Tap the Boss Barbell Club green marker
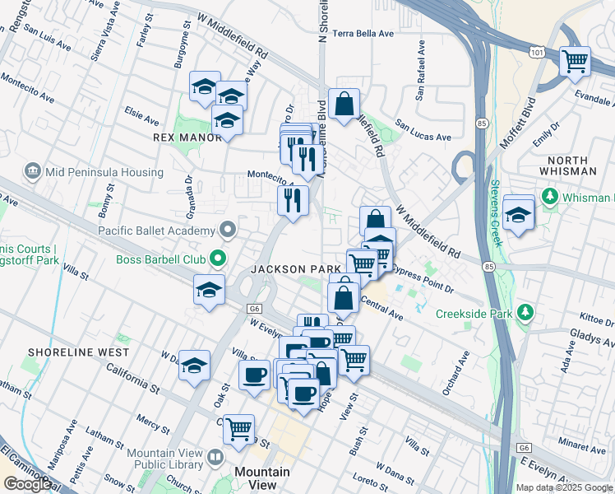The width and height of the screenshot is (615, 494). [218, 259]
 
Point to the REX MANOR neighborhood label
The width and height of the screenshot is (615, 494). [188, 137]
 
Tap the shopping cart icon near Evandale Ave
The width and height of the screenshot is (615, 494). [575, 61]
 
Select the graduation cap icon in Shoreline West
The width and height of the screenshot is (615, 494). [194, 366]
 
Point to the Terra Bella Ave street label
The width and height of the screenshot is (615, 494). [366, 35]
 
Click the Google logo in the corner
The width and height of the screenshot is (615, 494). [26, 484]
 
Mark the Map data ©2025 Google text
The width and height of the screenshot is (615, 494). [564, 487]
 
